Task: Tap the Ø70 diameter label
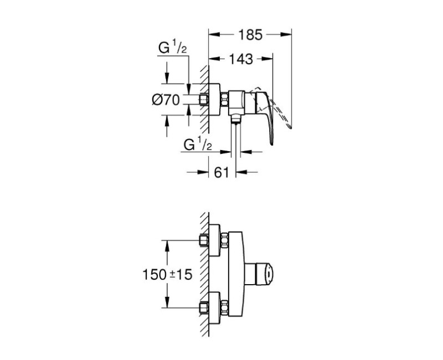(164, 100)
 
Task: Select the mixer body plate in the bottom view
(236, 272)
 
